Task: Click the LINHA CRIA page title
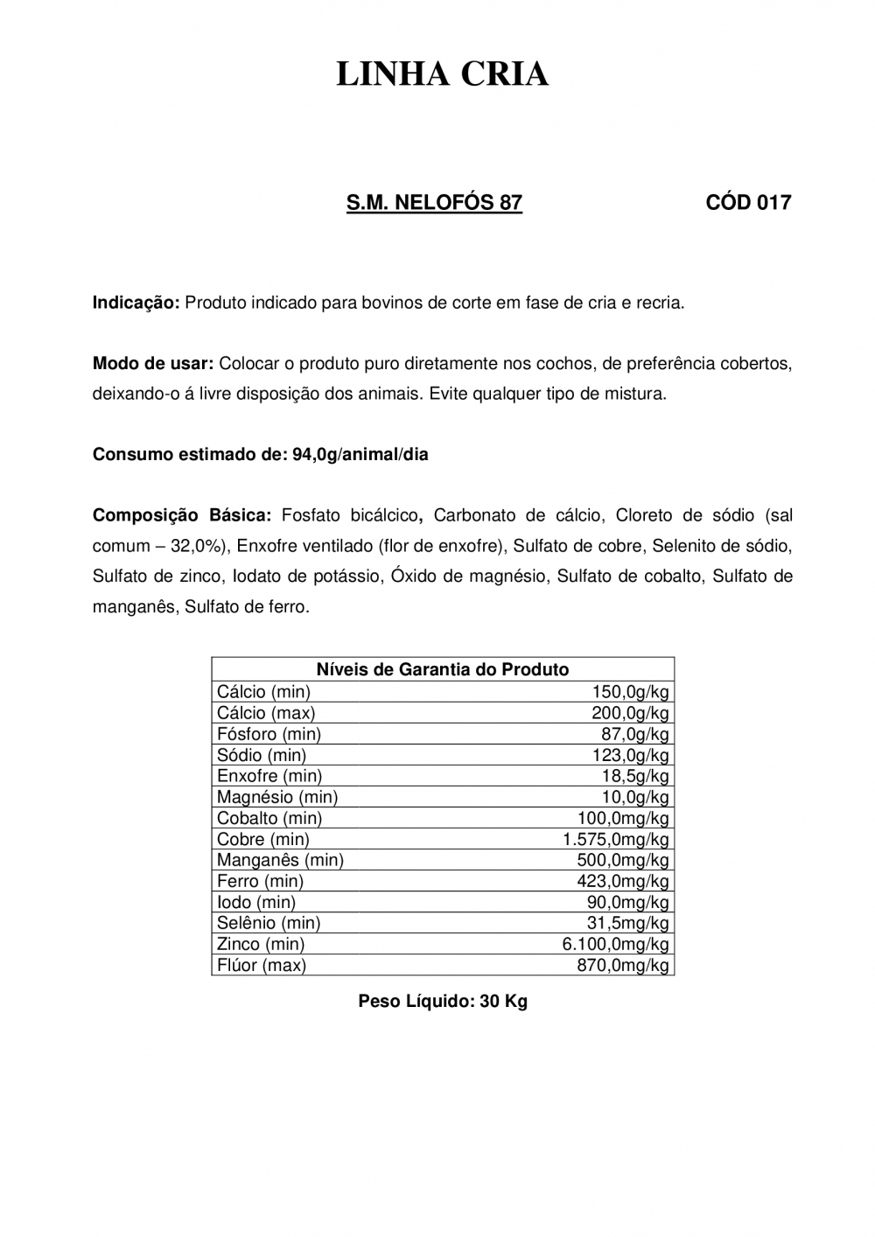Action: pos(443,75)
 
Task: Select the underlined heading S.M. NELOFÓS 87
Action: pos(434,203)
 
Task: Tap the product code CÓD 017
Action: pos(748,203)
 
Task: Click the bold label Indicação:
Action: pos(136,304)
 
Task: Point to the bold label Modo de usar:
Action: pos(153,363)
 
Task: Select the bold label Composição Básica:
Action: pos(183,514)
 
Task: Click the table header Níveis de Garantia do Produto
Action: pos(443,669)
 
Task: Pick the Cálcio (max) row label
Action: pos(266,713)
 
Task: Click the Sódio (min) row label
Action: pos(262,755)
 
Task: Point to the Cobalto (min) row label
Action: pos(269,818)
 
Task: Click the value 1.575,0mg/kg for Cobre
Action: pos(615,839)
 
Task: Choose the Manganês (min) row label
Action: pos(280,860)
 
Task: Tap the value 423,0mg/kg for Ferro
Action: pos(623,881)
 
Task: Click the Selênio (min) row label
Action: pos(269,923)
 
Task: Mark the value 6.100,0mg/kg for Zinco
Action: pos(615,944)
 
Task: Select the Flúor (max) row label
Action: pos(262,965)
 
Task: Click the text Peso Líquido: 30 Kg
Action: pos(443,1001)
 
